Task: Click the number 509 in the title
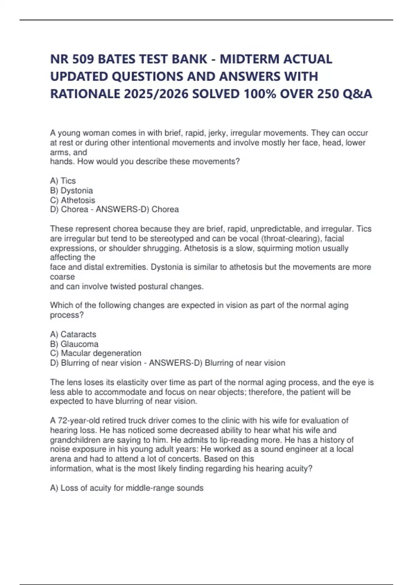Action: point(82,59)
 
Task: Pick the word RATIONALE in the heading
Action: point(85,94)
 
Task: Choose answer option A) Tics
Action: point(63,181)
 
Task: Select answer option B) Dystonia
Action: point(72,190)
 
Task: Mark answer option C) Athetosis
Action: point(73,200)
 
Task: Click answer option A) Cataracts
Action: point(73,334)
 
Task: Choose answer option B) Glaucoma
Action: point(74,344)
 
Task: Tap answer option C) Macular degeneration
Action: point(96,353)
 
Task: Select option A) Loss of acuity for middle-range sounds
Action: point(127,488)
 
